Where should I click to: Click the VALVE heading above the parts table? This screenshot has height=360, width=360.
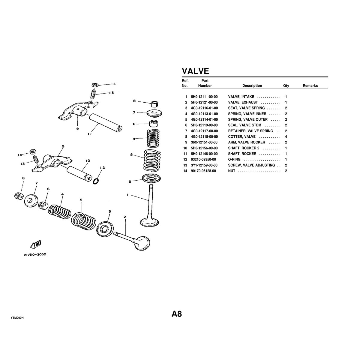coord(195,71)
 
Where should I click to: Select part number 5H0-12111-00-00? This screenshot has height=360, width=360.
coord(204,97)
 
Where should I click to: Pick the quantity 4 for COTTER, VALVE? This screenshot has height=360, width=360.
coord(286,137)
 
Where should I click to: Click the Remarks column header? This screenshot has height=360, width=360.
coord(310,86)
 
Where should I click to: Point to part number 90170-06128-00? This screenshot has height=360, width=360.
coord(203,171)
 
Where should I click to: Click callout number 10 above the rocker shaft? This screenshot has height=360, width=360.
coord(88,161)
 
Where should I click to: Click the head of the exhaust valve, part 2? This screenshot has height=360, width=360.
coord(142,243)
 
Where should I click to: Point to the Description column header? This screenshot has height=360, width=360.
coord(252,86)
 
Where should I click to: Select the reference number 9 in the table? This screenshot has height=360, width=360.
coord(186,142)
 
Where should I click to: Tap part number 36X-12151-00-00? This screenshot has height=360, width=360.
coord(204,142)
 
